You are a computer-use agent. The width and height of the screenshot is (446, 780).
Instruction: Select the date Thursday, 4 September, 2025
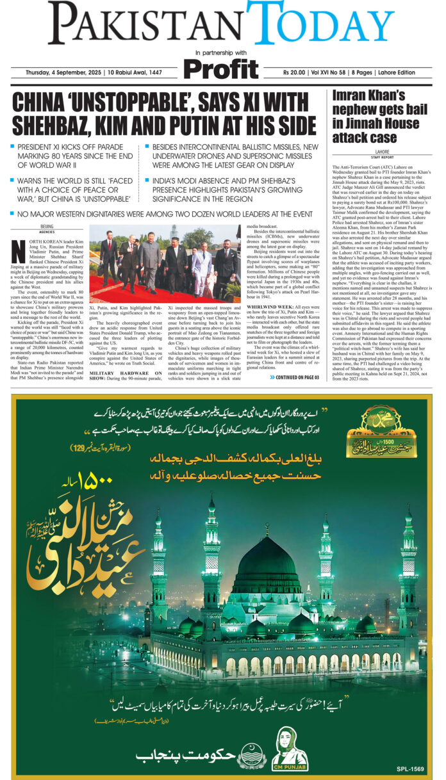(x=60, y=72)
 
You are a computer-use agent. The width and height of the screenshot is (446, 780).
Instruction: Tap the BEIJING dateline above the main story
(x=47, y=226)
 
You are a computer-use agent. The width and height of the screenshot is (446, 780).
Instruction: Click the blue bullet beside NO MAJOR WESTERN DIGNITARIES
(x=13, y=213)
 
